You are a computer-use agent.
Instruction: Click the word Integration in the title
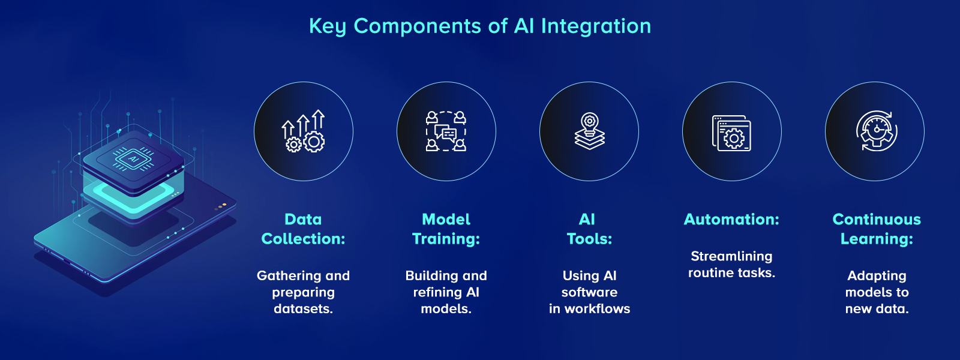596,26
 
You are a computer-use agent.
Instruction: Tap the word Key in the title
327,26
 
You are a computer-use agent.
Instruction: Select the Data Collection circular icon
304,131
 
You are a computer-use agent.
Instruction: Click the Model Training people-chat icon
446,131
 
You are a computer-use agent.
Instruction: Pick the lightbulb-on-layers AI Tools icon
589,131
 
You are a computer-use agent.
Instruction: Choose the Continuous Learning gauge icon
876,131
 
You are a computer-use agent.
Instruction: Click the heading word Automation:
731,220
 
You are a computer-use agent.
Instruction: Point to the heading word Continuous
877,220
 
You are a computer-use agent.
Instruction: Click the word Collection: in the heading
303,239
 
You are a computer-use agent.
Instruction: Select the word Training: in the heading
446,239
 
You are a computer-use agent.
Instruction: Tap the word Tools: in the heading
589,239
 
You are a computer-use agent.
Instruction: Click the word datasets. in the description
303,309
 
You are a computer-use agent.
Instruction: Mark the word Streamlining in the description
731,257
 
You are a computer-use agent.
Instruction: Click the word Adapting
877,276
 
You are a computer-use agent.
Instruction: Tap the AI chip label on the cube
133,160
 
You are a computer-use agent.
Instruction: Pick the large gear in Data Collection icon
314,142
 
